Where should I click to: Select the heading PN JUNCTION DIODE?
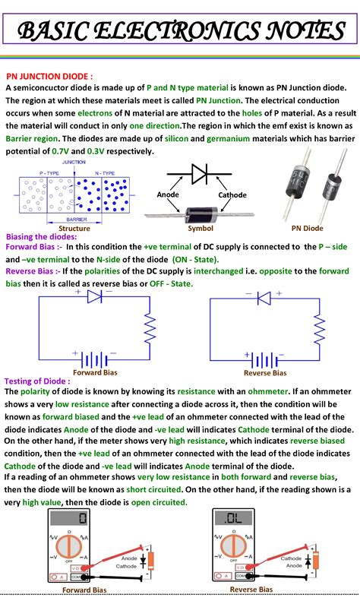point(49,77)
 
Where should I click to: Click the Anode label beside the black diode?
point(168,195)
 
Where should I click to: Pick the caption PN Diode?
point(307,228)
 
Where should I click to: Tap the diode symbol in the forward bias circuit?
point(95,297)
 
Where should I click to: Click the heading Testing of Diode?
point(37,381)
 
